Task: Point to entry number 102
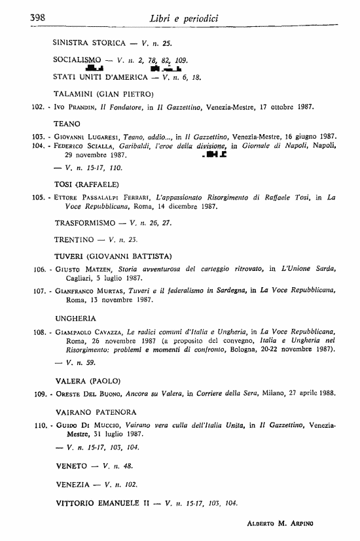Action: click(x=38, y=105)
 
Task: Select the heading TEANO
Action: click(x=67, y=122)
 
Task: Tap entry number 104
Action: click(x=39, y=147)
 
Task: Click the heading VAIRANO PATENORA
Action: click(x=96, y=412)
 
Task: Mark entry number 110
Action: click(x=38, y=425)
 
